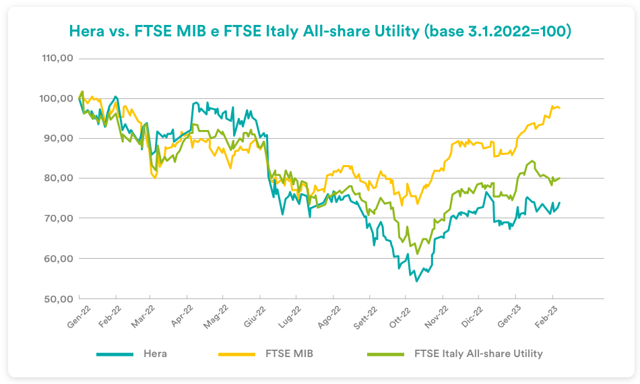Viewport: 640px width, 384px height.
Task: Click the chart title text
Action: pos(320,32)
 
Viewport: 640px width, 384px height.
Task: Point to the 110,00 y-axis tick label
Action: pos(57,59)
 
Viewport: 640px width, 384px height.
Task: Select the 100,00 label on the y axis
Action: pos(57,98)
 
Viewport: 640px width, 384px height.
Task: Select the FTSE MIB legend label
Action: pos(290,353)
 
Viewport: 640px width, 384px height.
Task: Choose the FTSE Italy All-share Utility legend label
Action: pos(478,353)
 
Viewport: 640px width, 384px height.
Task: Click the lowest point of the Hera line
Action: pos(416,281)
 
